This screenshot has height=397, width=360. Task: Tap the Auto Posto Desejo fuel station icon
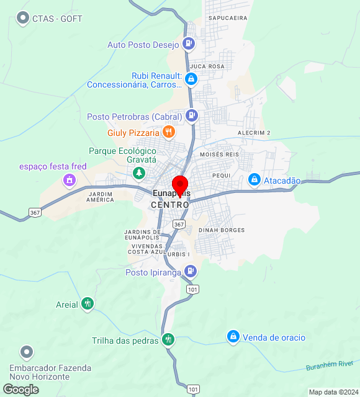tap(189, 44)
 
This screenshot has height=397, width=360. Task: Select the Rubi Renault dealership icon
tap(191, 79)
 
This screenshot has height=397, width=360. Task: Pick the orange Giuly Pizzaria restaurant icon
tap(168, 132)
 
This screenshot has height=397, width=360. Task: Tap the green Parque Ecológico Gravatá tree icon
tap(140, 172)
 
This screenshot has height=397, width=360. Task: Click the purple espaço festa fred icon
tap(69, 181)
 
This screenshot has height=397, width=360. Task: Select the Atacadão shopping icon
tap(254, 180)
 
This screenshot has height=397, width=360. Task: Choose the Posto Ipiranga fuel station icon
tap(191, 272)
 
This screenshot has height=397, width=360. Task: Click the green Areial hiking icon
tap(88, 304)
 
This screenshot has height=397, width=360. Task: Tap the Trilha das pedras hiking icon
tap(168, 340)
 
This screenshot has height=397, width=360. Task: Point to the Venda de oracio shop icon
tap(233, 337)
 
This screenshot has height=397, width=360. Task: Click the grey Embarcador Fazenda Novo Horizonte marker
tap(27, 352)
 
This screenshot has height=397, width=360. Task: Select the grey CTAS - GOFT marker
tap(24, 18)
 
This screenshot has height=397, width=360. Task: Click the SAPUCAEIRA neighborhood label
tap(228, 19)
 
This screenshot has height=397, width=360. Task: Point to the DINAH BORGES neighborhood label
tap(222, 230)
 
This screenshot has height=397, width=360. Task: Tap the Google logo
tap(20, 389)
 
